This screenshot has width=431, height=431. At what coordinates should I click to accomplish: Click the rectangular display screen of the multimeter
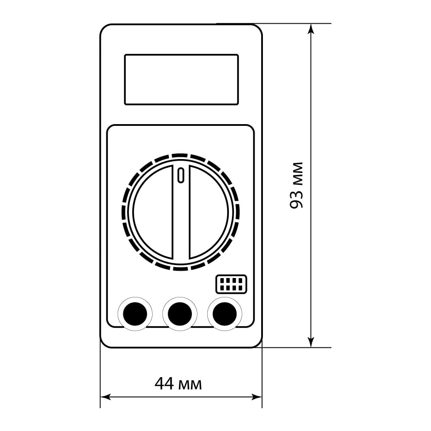click(181, 79)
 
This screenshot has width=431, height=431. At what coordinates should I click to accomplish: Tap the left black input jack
click(135, 314)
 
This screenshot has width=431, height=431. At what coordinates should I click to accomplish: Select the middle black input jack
click(180, 314)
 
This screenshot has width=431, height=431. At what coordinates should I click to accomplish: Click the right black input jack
click(225, 314)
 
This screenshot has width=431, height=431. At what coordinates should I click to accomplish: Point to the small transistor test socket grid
click(231, 284)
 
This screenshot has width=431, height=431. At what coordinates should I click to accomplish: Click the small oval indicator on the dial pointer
click(180, 175)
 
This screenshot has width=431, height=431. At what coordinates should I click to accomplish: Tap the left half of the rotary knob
click(153, 212)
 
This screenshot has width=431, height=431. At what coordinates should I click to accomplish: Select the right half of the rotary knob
click(209, 212)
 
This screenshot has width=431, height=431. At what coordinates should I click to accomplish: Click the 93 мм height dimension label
click(297, 185)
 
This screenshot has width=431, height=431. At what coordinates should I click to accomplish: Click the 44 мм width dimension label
click(178, 384)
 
